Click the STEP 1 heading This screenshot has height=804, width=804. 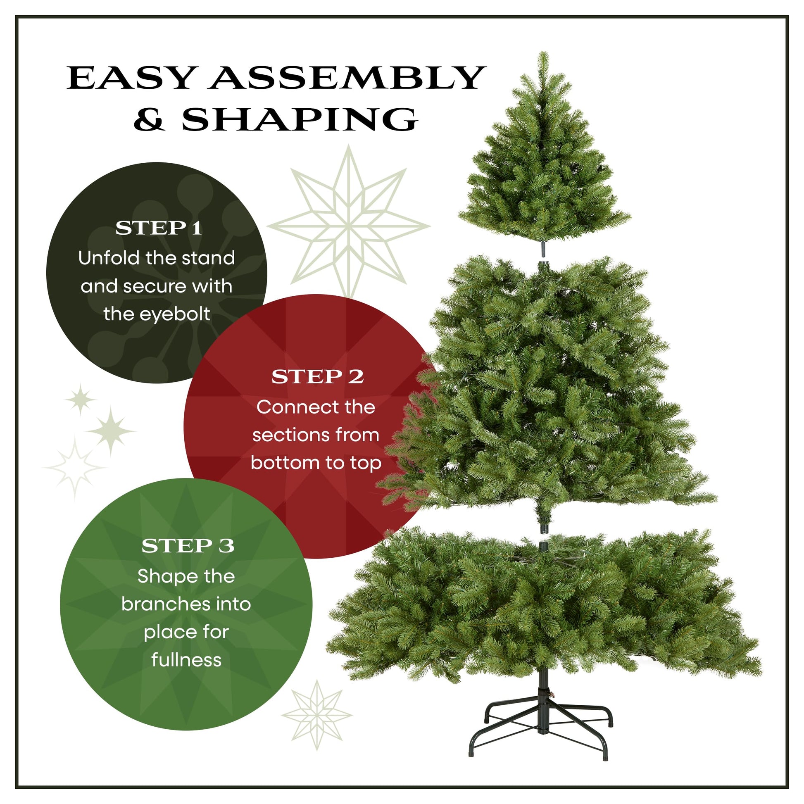[x=159, y=228]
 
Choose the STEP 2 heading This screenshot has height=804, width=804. [x=318, y=377]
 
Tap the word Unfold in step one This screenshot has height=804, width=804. [x=108, y=258]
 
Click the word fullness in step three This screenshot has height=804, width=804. [x=186, y=660]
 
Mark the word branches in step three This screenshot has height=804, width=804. [x=162, y=604]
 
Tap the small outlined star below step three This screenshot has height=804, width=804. [x=317, y=715]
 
